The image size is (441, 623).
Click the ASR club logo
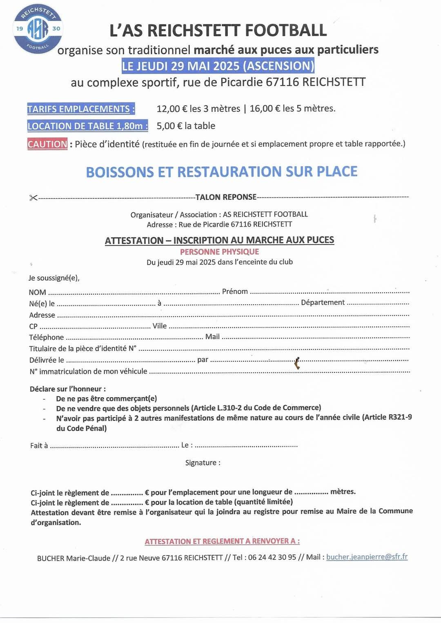click(x=38, y=29)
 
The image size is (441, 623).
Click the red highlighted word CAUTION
click(x=47, y=144)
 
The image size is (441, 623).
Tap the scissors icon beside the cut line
click(x=33, y=198)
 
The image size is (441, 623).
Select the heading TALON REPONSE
click(x=226, y=197)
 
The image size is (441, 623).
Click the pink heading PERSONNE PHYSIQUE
click(x=220, y=252)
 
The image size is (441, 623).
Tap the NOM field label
click(x=37, y=292)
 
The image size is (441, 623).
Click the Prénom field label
click(x=235, y=291)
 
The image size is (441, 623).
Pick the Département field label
click(x=323, y=303)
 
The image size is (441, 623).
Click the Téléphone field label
click(x=47, y=337)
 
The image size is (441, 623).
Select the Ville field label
click(x=160, y=326)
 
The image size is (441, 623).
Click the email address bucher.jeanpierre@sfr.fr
click(x=367, y=557)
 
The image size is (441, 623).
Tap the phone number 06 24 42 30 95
click(x=272, y=557)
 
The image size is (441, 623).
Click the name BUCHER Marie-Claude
click(x=73, y=558)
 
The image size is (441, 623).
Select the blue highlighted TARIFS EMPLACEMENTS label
click(x=81, y=109)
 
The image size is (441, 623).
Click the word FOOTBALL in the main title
click(x=285, y=31)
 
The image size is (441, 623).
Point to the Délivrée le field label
click(x=47, y=360)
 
